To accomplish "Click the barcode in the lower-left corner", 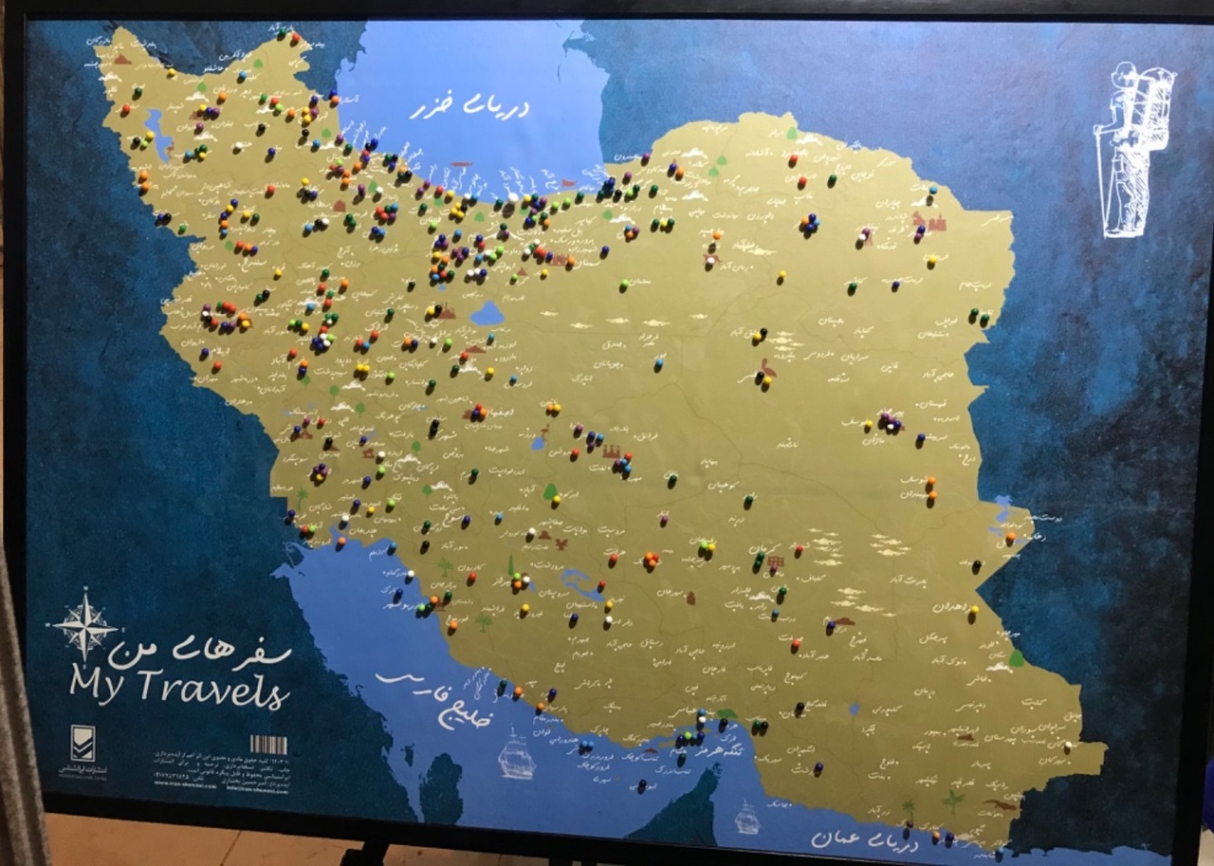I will pyautogui.click(x=268, y=745).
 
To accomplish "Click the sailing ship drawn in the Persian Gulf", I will pyautogui.click(x=517, y=754).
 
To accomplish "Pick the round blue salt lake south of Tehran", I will pyautogui.click(x=487, y=313).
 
